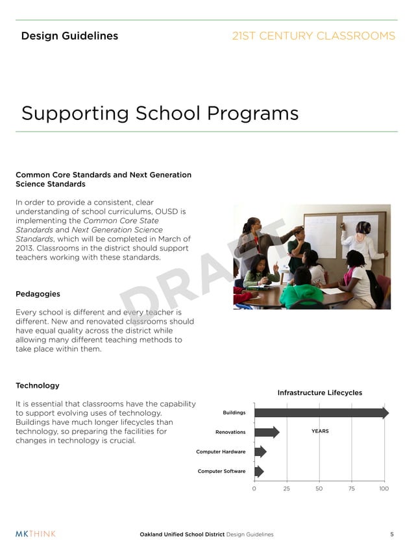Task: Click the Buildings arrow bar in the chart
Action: point(321,413)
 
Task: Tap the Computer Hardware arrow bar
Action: point(260,451)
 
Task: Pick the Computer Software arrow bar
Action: point(259,472)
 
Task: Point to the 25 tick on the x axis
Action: point(287,488)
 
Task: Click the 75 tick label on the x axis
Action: point(352,488)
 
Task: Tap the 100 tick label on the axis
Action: point(384,488)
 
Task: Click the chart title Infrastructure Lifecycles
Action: point(320,392)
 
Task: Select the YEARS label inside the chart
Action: point(320,431)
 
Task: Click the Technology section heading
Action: point(38,386)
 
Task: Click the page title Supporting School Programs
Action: point(160,114)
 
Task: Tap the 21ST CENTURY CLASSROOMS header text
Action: point(313,36)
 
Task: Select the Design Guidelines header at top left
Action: point(69,36)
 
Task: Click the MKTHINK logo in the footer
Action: point(36,534)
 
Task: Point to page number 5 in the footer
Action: point(392,534)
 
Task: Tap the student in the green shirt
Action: point(301,291)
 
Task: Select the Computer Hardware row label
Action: point(221,451)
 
